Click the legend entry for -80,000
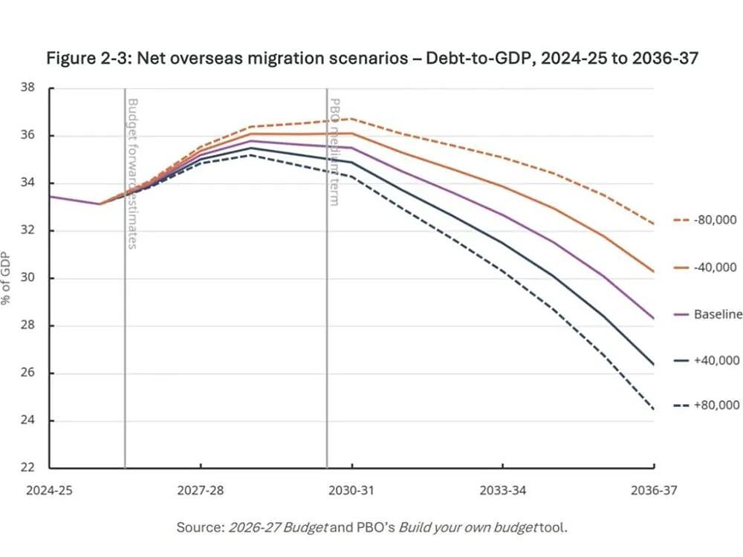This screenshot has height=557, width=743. click(x=705, y=220)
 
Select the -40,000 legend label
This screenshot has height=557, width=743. click(x=705, y=267)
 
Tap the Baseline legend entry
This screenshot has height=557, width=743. click(x=708, y=314)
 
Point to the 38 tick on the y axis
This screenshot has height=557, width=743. click(x=27, y=88)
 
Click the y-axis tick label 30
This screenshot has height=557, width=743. click(x=27, y=278)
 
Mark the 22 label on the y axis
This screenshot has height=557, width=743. click(x=27, y=467)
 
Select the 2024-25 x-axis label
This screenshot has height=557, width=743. click(x=49, y=490)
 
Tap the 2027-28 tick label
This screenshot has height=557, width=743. click(x=201, y=490)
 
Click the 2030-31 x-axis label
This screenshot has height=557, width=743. click(x=351, y=490)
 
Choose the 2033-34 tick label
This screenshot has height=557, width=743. click(x=503, y=490)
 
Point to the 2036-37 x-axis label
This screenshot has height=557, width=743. click(x=654, y=490)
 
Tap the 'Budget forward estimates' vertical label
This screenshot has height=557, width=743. click(x=133, y=173)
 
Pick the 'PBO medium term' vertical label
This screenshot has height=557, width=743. click(x=334, y=152)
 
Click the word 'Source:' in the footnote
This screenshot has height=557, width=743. click(x=201, y=527)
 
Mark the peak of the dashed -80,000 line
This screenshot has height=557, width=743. click(x=351, y=118)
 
